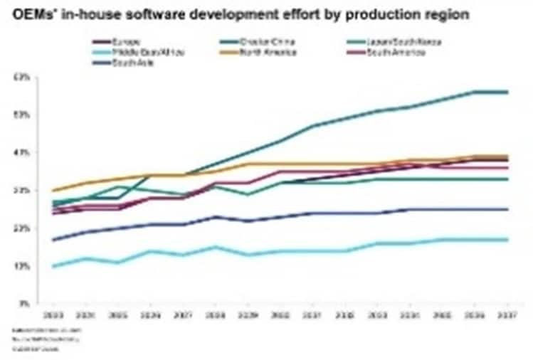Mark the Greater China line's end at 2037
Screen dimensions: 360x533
(507, 92)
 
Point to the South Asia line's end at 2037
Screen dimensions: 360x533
(507, 209)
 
